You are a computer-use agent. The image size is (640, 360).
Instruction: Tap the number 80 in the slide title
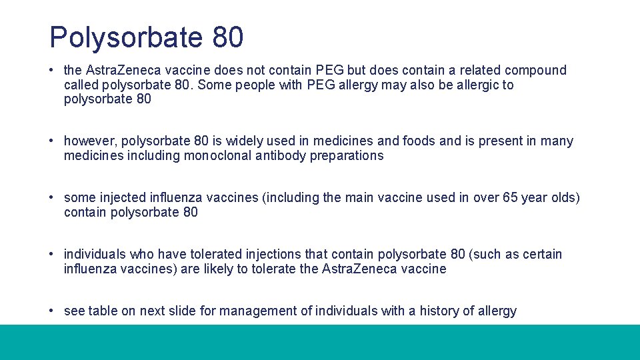pyautogui.click(x=228, y=37)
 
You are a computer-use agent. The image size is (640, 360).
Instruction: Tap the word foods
pyautogui.click(x=419, y=141)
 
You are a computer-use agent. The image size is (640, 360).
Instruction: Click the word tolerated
pyautogui.click(x=218, y=254)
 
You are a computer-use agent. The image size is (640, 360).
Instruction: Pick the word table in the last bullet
pyautogui.click(x=103, y=311)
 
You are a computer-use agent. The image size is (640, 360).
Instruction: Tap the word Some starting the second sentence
pyautogui.click(x=214, y=85)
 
